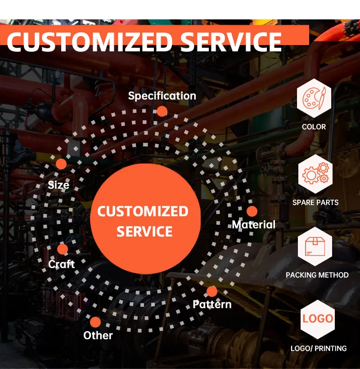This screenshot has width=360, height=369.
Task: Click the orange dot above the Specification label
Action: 162,111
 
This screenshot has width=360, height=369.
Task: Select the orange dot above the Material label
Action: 252,211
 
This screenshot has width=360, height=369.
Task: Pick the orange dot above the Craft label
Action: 63,249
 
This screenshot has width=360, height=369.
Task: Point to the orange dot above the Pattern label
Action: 211,291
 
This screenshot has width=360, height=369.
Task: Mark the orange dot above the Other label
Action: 95,322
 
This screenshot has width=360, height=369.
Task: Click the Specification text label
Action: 162,96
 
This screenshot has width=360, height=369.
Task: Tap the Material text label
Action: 253,224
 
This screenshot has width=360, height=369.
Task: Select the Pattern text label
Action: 212,305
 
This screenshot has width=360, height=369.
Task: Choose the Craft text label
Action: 62,264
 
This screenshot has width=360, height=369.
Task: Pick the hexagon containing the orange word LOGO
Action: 318,319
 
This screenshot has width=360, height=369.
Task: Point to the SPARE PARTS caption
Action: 315,202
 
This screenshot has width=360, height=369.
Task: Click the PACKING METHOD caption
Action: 317,275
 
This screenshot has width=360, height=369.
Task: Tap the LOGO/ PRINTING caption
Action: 319,348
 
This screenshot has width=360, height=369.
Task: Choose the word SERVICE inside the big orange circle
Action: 144,232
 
